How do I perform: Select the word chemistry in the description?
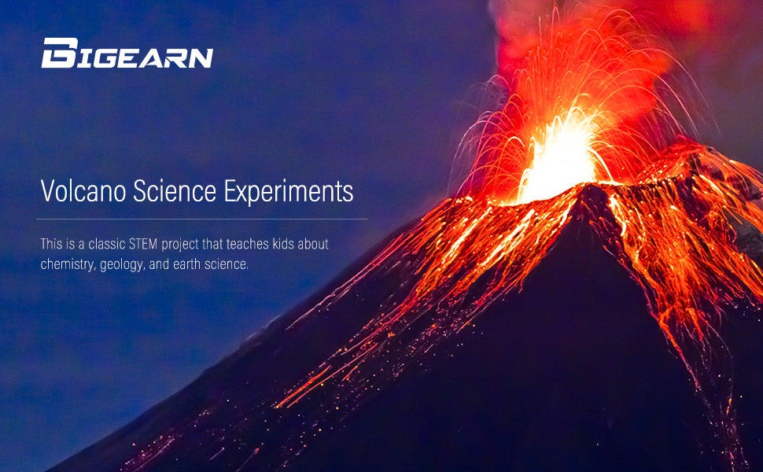pyautogui.click(x=67, y=265)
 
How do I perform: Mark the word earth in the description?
pyautogui.click(x=188, y=265)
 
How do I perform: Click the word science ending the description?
pyautogui.click(x=227, y=265)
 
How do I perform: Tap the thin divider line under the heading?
pyautogui.click(x=201, y=219)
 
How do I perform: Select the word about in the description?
pyautogui.click(x=312, y=245)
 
